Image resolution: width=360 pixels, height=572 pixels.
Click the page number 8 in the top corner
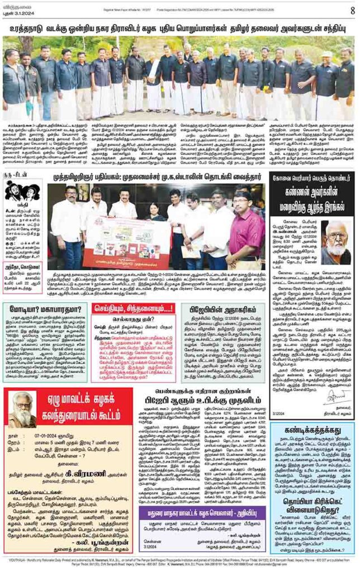coord(352,9)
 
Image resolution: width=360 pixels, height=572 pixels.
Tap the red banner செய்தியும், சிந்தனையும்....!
coord(132,308)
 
